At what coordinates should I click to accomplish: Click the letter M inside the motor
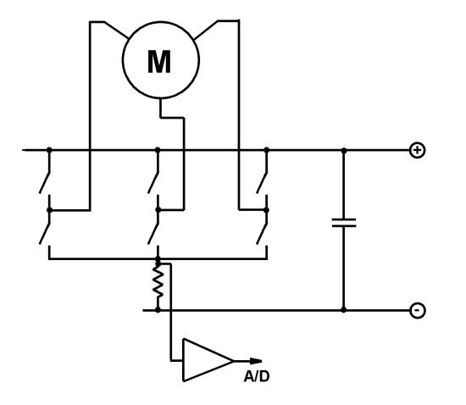pyautogui.click(x=159, y=62)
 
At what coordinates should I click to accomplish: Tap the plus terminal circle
pyautogui.click(x=417, y=150)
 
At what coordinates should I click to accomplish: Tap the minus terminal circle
pyautogui.click(x=417, y=310)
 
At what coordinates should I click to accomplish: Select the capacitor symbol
pyautogui.click(x=344, y=223)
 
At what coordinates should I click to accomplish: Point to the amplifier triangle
pyautogui.click(x=208, y=360)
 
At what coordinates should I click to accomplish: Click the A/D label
pyautogui.click(x=257, y=376)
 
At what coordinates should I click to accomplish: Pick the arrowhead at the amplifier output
pyautogui.click(x=256, y=361)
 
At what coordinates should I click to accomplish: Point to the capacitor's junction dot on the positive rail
pyautogui.click(x=344, y=151)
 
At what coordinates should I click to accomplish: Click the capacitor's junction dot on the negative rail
pyautogui.click(x=344, y=310)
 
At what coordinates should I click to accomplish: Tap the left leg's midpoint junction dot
pyautogui.click(x=49, y=210)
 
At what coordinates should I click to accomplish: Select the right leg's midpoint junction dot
pyautogui.click(x=267, y=210)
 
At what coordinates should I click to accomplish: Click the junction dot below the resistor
pyautogui.click(x=158, y=310)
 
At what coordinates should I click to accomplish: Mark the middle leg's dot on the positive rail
pyautogui.click(x=158, y=150)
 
